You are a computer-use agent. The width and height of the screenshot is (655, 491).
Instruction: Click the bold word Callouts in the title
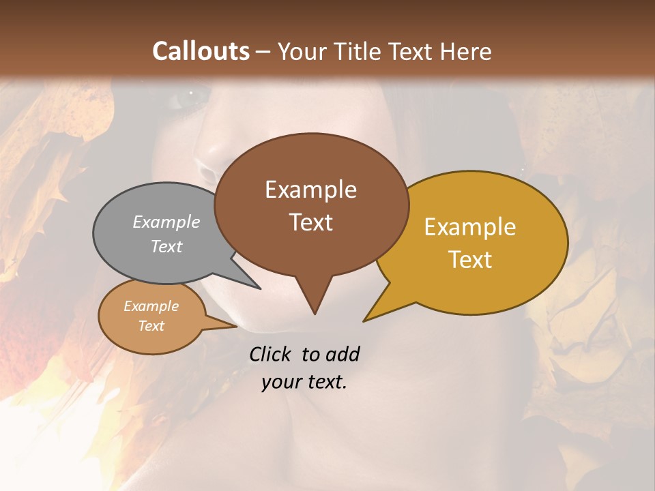[x=201, y=51]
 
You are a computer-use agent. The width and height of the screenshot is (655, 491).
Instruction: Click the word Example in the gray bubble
[x=166, y=222]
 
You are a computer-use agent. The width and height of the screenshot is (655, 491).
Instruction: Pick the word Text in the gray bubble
[x=166, y=246]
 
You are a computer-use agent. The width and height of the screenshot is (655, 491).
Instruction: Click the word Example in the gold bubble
[x=470, y=227]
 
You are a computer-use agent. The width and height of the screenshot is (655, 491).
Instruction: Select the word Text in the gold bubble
[x=470, y=259]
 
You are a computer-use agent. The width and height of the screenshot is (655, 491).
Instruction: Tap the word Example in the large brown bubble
[x=310, y=190]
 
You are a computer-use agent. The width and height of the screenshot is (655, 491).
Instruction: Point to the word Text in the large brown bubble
[x=310, y=222]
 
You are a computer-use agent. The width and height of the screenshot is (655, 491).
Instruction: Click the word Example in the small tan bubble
[x=151, y=306]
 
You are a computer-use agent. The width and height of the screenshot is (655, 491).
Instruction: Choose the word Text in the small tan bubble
[x=151, y=326]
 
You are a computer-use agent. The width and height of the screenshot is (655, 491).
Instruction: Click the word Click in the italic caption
[x=271, y=354]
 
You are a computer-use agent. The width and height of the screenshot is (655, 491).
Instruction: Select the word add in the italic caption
[x=342, y=354]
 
